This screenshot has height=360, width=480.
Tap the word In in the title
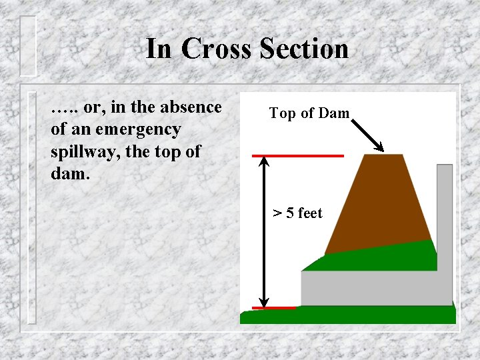[159, 49]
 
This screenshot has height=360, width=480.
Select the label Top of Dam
[309, 113]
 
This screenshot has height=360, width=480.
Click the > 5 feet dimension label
[297, 213]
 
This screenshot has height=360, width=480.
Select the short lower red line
[273, 308]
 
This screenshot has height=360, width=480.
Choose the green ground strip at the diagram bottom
[347, 315]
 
